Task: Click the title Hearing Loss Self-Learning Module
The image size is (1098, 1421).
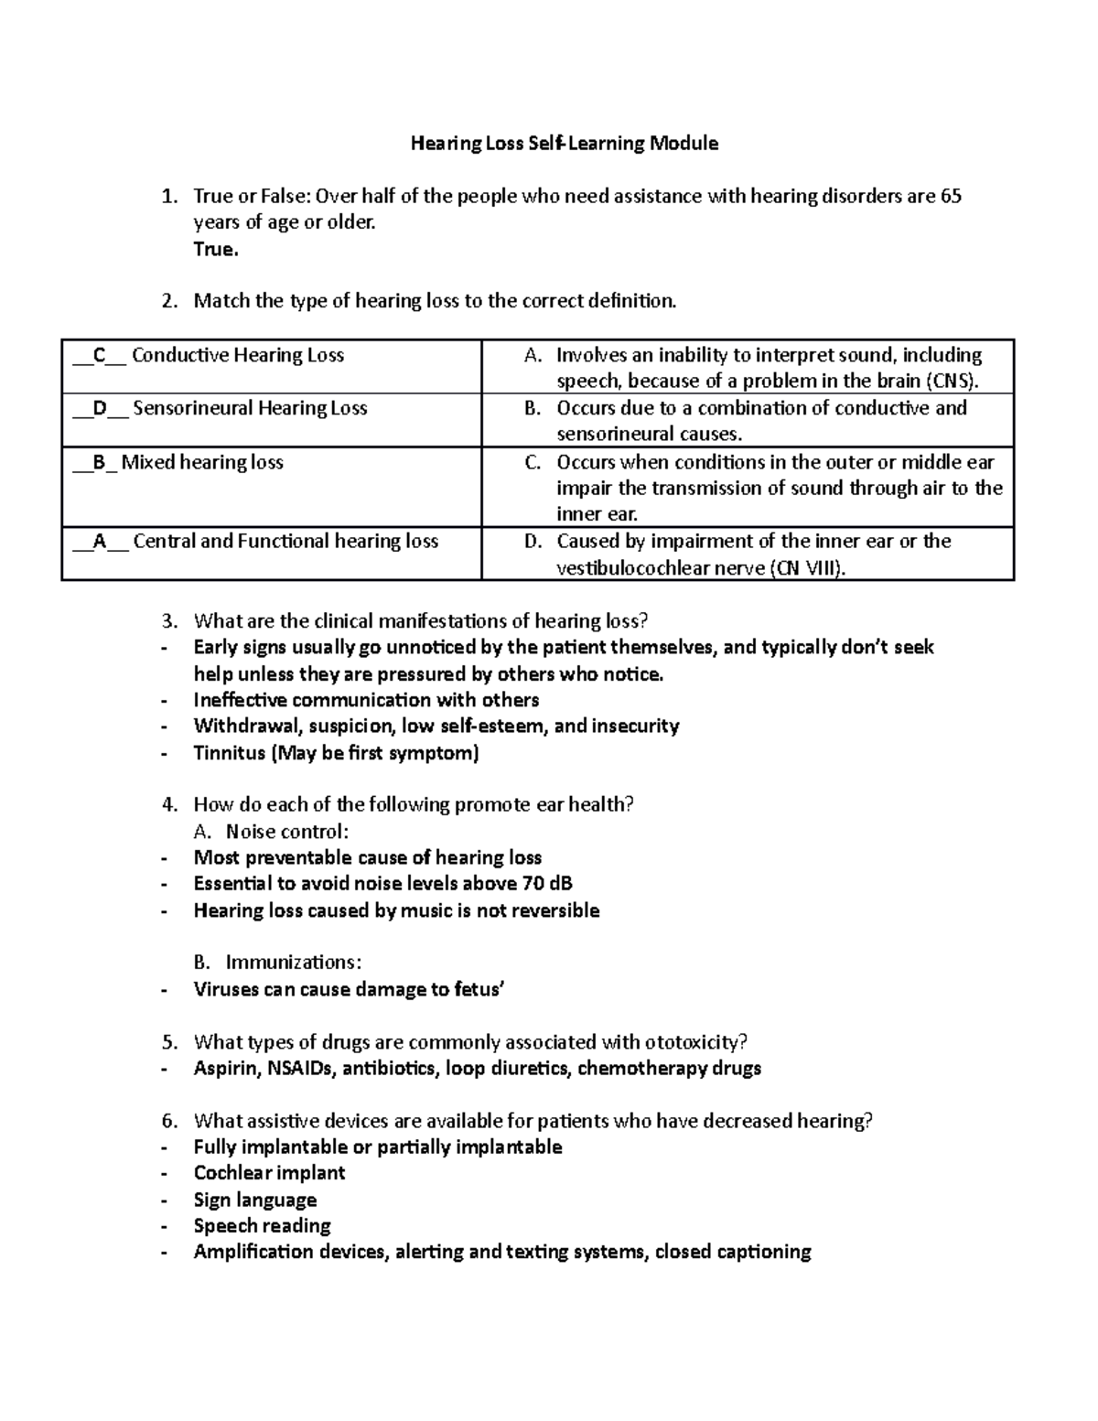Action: [x=564, y=144]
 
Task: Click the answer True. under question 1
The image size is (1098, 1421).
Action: [x=216, y=249]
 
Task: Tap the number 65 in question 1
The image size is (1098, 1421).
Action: [x=951, y=196]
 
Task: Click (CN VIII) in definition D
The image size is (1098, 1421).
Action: [x=806, y=568]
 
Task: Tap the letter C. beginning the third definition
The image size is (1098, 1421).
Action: [x=533, y=462]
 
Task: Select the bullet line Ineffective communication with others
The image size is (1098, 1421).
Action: [x=366, y=700]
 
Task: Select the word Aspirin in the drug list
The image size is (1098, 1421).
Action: [x=225, y=1068]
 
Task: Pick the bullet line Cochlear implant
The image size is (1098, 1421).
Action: [x=269, y=1173]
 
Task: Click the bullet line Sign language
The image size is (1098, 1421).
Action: [x=254, y=1200]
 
